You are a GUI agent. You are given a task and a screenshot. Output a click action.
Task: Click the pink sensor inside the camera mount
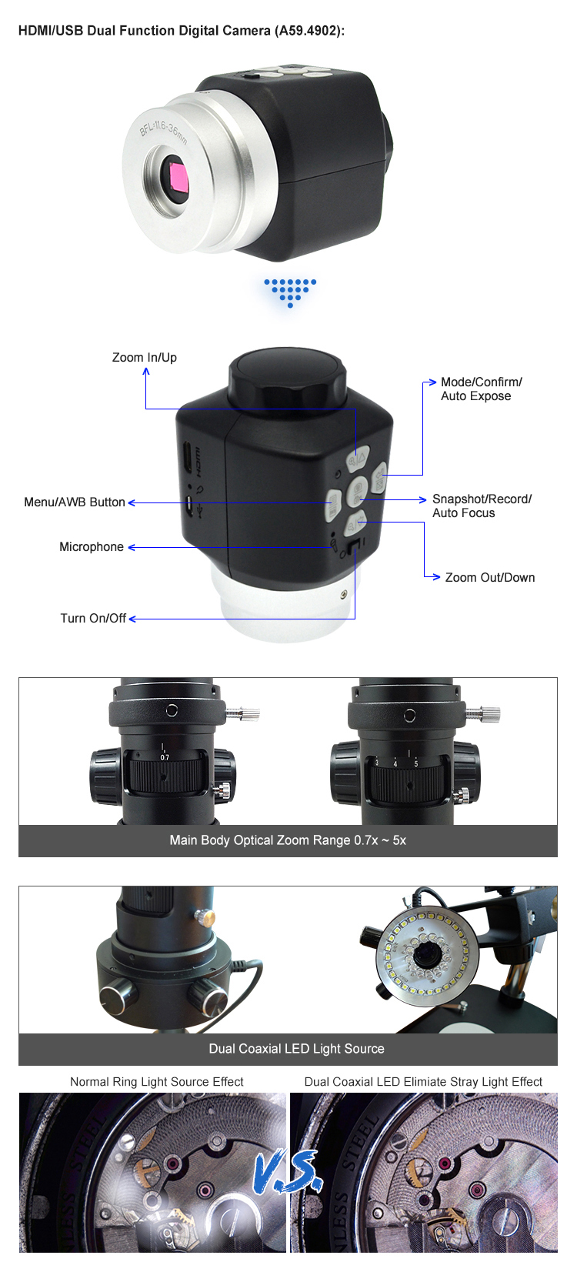click(178, 176)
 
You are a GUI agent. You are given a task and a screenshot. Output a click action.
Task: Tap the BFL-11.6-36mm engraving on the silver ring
click(164, 132)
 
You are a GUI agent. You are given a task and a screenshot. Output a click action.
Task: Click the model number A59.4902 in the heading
click(308, 31)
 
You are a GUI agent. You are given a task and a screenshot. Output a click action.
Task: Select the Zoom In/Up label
click(145, 357)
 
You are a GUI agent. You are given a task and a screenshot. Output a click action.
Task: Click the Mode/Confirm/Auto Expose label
click(481, 389)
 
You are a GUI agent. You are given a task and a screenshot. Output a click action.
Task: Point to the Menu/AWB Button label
click(75, 502)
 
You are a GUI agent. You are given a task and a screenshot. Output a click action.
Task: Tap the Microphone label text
click(92, 547)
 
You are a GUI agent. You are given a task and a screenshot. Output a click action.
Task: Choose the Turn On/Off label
click(93, 619)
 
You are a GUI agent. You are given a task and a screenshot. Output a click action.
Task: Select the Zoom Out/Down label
click(489, 577)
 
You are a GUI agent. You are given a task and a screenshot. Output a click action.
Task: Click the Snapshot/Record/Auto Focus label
click(482, 506)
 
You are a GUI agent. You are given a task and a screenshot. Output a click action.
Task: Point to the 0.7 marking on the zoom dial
click(165, 757)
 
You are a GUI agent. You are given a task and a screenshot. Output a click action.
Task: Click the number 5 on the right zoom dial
click(415, 764)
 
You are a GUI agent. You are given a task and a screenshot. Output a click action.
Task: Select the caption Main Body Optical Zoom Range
click(261, 840)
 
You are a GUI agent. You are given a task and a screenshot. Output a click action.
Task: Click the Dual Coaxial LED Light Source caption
click(296, 1049)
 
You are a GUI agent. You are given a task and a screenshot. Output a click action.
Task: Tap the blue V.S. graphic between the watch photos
click(288, 1171)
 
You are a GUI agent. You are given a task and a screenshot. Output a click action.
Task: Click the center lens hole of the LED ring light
click(424, 953)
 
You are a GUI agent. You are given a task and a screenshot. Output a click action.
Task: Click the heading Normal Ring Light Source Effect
click(157, 1082)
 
